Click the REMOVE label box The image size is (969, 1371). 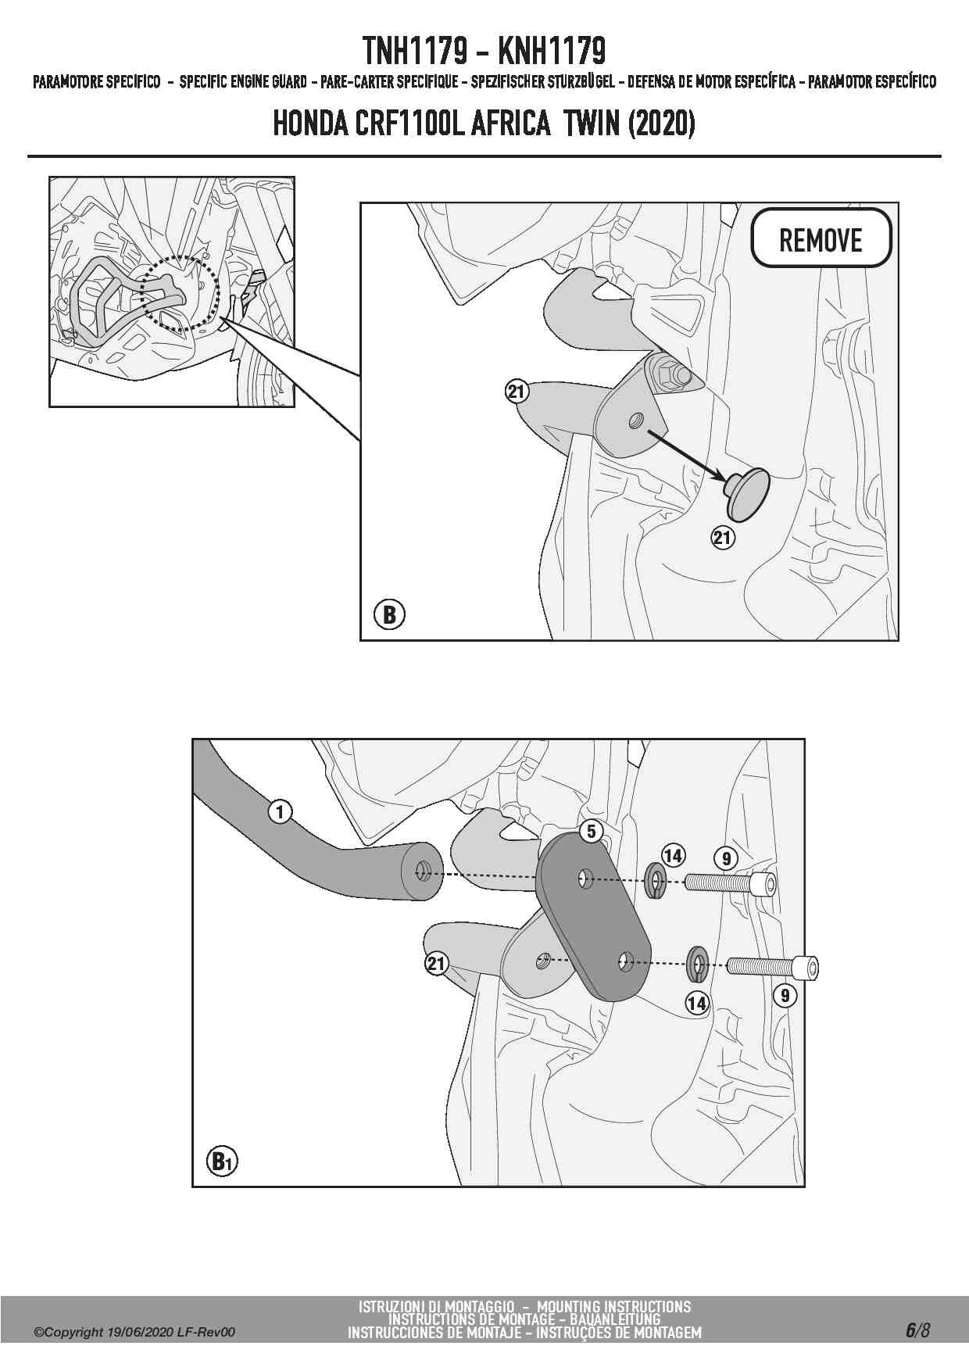tap(821, 238)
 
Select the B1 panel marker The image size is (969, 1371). tap(223, 1162)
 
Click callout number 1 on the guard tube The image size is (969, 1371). tap(280, 812)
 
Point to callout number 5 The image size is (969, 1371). tap(592, 832)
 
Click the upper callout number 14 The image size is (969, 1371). tap(673, 855)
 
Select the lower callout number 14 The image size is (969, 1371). tap(696, 1003)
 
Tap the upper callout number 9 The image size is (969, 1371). tap(727, 859)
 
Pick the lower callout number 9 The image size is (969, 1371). tap(785, 995)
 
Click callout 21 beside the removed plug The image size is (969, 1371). tap(723, 537)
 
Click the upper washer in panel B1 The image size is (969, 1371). tap(655, 881)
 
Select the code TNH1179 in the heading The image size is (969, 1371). tap(415, 52)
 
